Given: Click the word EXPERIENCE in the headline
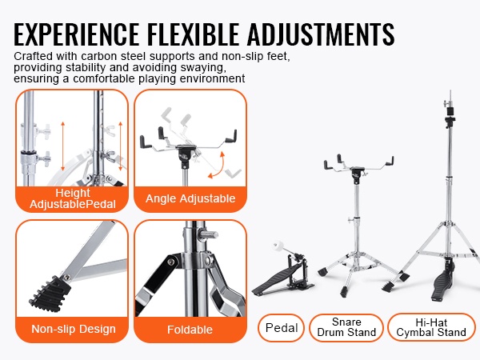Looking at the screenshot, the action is (76, 34).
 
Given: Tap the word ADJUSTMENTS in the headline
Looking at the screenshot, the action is (321, 34).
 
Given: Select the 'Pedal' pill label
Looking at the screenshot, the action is (282, 328).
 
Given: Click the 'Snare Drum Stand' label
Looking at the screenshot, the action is (346, 327).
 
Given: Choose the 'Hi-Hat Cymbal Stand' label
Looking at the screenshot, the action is (431, 327).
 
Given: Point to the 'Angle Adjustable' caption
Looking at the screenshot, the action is (190, 198).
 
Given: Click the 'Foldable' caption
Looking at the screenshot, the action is (190, 330).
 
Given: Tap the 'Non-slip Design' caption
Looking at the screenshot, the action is (74, 329).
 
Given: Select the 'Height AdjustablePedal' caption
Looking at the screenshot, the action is (73, 198).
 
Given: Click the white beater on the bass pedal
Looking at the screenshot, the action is (279, 246).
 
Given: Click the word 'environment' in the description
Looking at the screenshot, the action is (212, 78).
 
